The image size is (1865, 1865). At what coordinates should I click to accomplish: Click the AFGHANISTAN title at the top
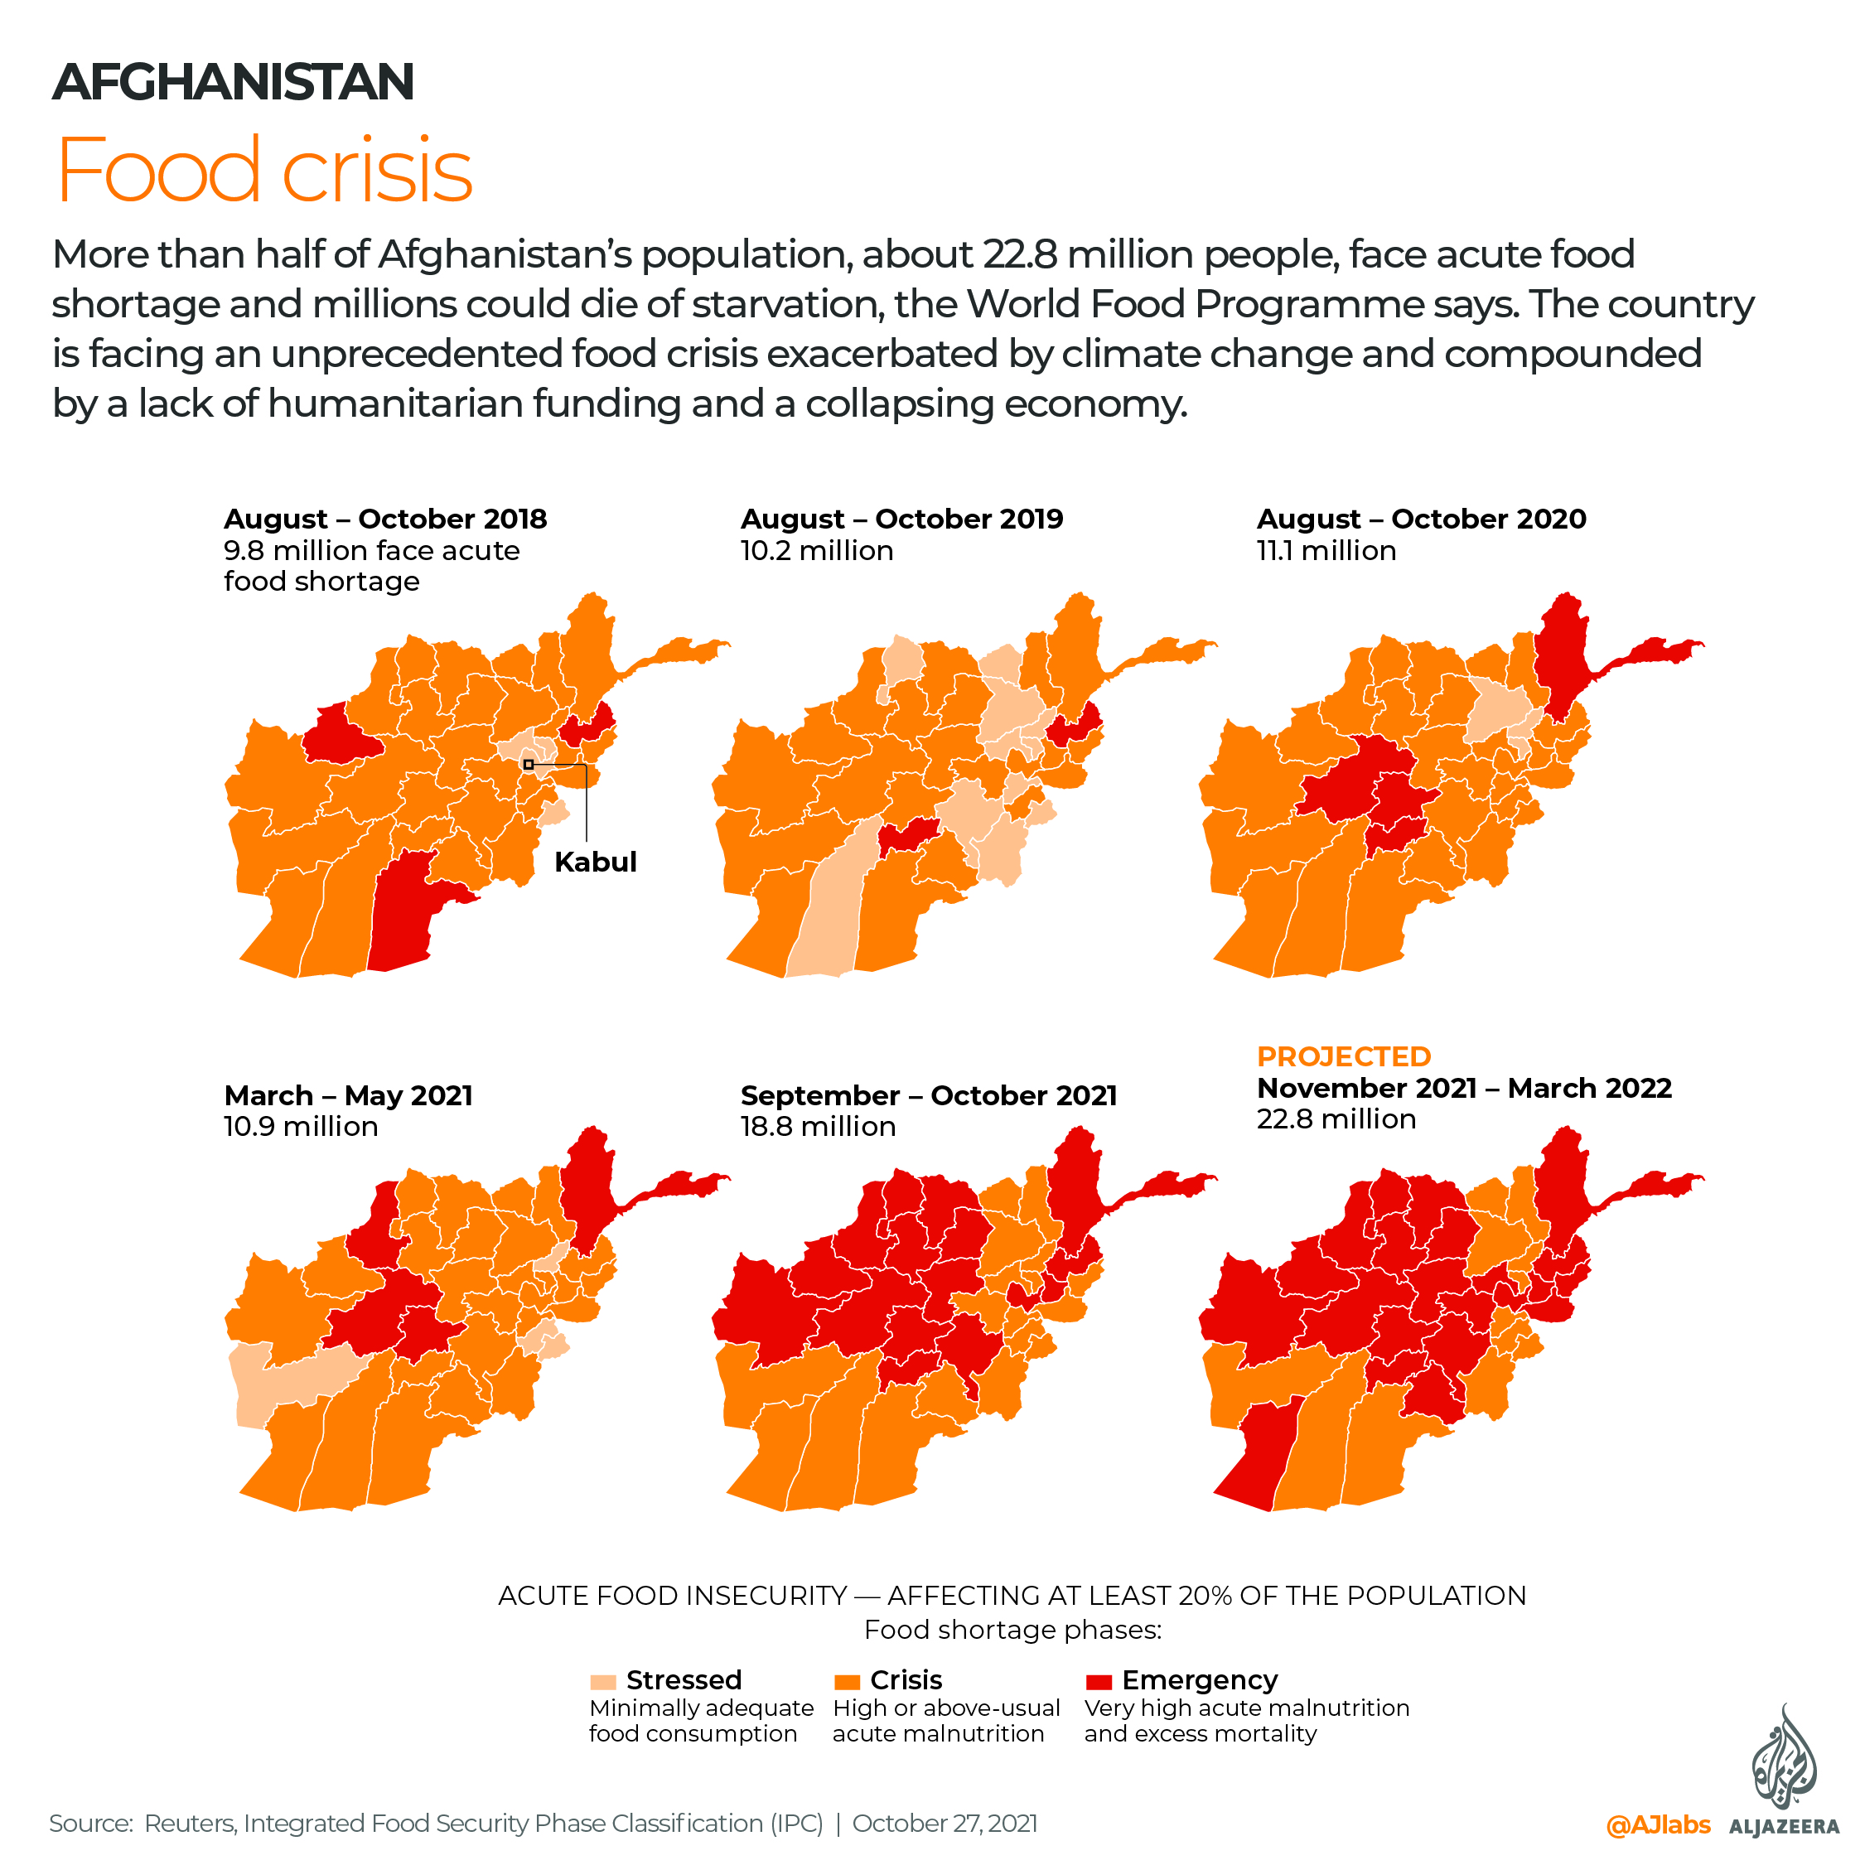click(233, 81)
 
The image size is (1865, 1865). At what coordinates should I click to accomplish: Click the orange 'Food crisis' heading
click(264, 171)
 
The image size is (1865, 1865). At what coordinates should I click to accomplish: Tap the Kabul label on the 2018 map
click(595, 861)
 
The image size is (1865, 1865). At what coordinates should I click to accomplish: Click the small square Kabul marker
click(528, 765)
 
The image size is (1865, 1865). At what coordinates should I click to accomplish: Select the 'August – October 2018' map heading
click(385, 519)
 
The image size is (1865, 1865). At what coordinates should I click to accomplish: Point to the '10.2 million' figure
click(817, 550)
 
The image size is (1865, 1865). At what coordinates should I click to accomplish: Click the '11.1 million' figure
click(1326, 550)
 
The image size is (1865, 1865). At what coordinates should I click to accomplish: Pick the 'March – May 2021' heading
click(349, 1094)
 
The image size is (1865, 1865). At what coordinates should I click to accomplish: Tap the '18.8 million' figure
click(818, 1126)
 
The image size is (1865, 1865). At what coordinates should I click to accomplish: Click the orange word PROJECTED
click(1343, 1056)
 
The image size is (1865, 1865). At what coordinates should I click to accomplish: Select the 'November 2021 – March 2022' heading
click(1463, 1088)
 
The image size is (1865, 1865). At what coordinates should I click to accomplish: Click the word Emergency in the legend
click(1199, 1680)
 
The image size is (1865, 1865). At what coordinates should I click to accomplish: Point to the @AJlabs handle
click(1658, 1824)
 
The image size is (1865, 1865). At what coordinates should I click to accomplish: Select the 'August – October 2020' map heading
click(1421, 519)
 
